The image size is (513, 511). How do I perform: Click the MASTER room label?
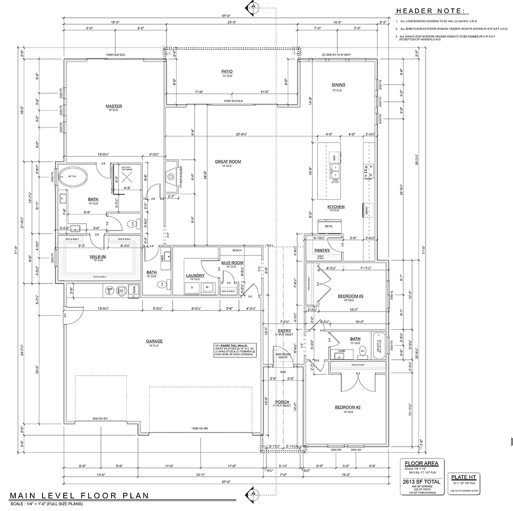(114, 106)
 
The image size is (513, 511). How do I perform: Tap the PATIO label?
(227, 71)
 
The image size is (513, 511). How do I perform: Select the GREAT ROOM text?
(228, 162)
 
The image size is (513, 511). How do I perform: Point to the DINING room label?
(338, 85)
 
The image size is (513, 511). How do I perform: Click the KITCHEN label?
(336, 207)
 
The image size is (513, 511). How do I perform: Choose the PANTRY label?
(321, 250)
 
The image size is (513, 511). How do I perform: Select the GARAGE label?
(154, 341)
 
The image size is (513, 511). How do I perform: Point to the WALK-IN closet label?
(97, 256)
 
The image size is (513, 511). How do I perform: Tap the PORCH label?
(282, 402)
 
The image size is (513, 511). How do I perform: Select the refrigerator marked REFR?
(330, 226)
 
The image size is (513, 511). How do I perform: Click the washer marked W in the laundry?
(207, 287)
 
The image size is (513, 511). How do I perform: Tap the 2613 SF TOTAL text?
(416, 482)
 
